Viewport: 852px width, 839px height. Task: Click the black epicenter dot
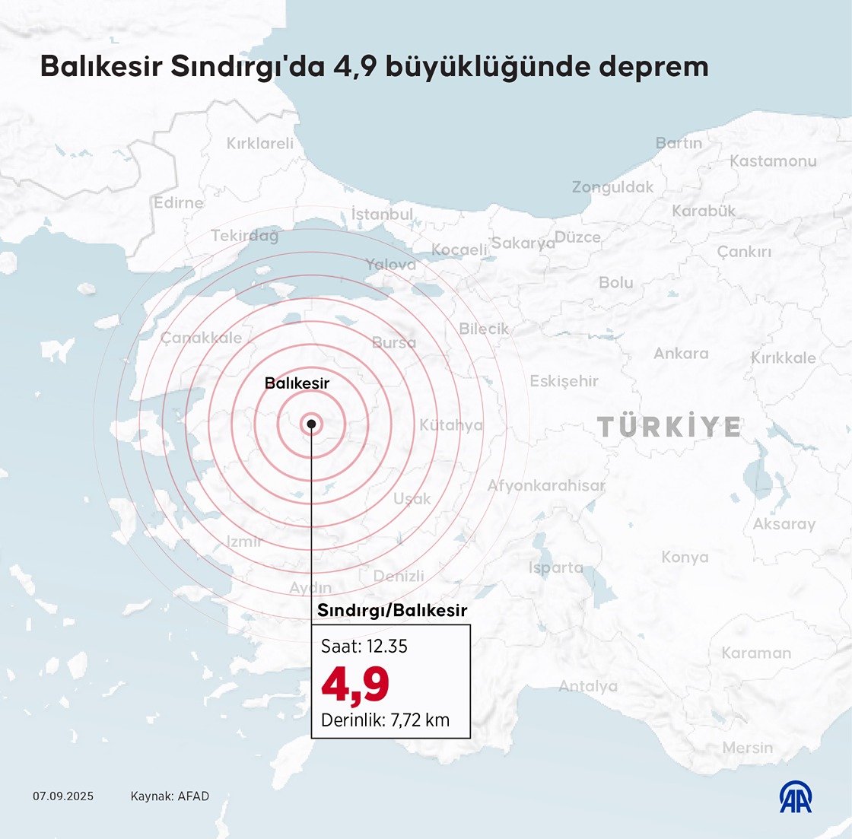(x=311, y=424)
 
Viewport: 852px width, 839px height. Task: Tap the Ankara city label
(x=681, y=353)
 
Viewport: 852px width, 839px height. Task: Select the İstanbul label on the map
(x=382, y=215)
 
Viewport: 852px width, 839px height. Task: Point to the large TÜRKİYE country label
(x=669, y=427)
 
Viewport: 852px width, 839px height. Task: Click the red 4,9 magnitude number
(x=355, y=684)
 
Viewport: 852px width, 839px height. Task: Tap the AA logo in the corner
(x=796, y=796)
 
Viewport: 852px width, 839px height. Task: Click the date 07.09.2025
(x=63, y=796)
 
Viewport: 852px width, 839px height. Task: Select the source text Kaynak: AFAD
(x=170, y=796)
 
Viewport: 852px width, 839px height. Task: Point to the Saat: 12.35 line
(x=364, y=647)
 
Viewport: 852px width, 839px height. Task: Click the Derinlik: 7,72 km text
(x=386, y=720)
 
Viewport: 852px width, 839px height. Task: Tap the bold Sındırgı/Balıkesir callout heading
(x=392, y=610)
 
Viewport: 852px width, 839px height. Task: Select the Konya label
(x=685, y=558)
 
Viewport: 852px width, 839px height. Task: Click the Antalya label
(x=588, y=686)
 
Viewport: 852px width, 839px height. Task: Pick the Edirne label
(x=179, y=203)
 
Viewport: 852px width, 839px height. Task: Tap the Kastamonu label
(x=773, y=161)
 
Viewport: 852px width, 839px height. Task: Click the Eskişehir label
(x=564, y=381)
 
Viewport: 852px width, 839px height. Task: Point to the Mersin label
(x=747, y=748)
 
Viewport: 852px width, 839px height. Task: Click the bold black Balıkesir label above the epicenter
(x=297, y=383)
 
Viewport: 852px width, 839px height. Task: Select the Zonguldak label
(x=612, y=187)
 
